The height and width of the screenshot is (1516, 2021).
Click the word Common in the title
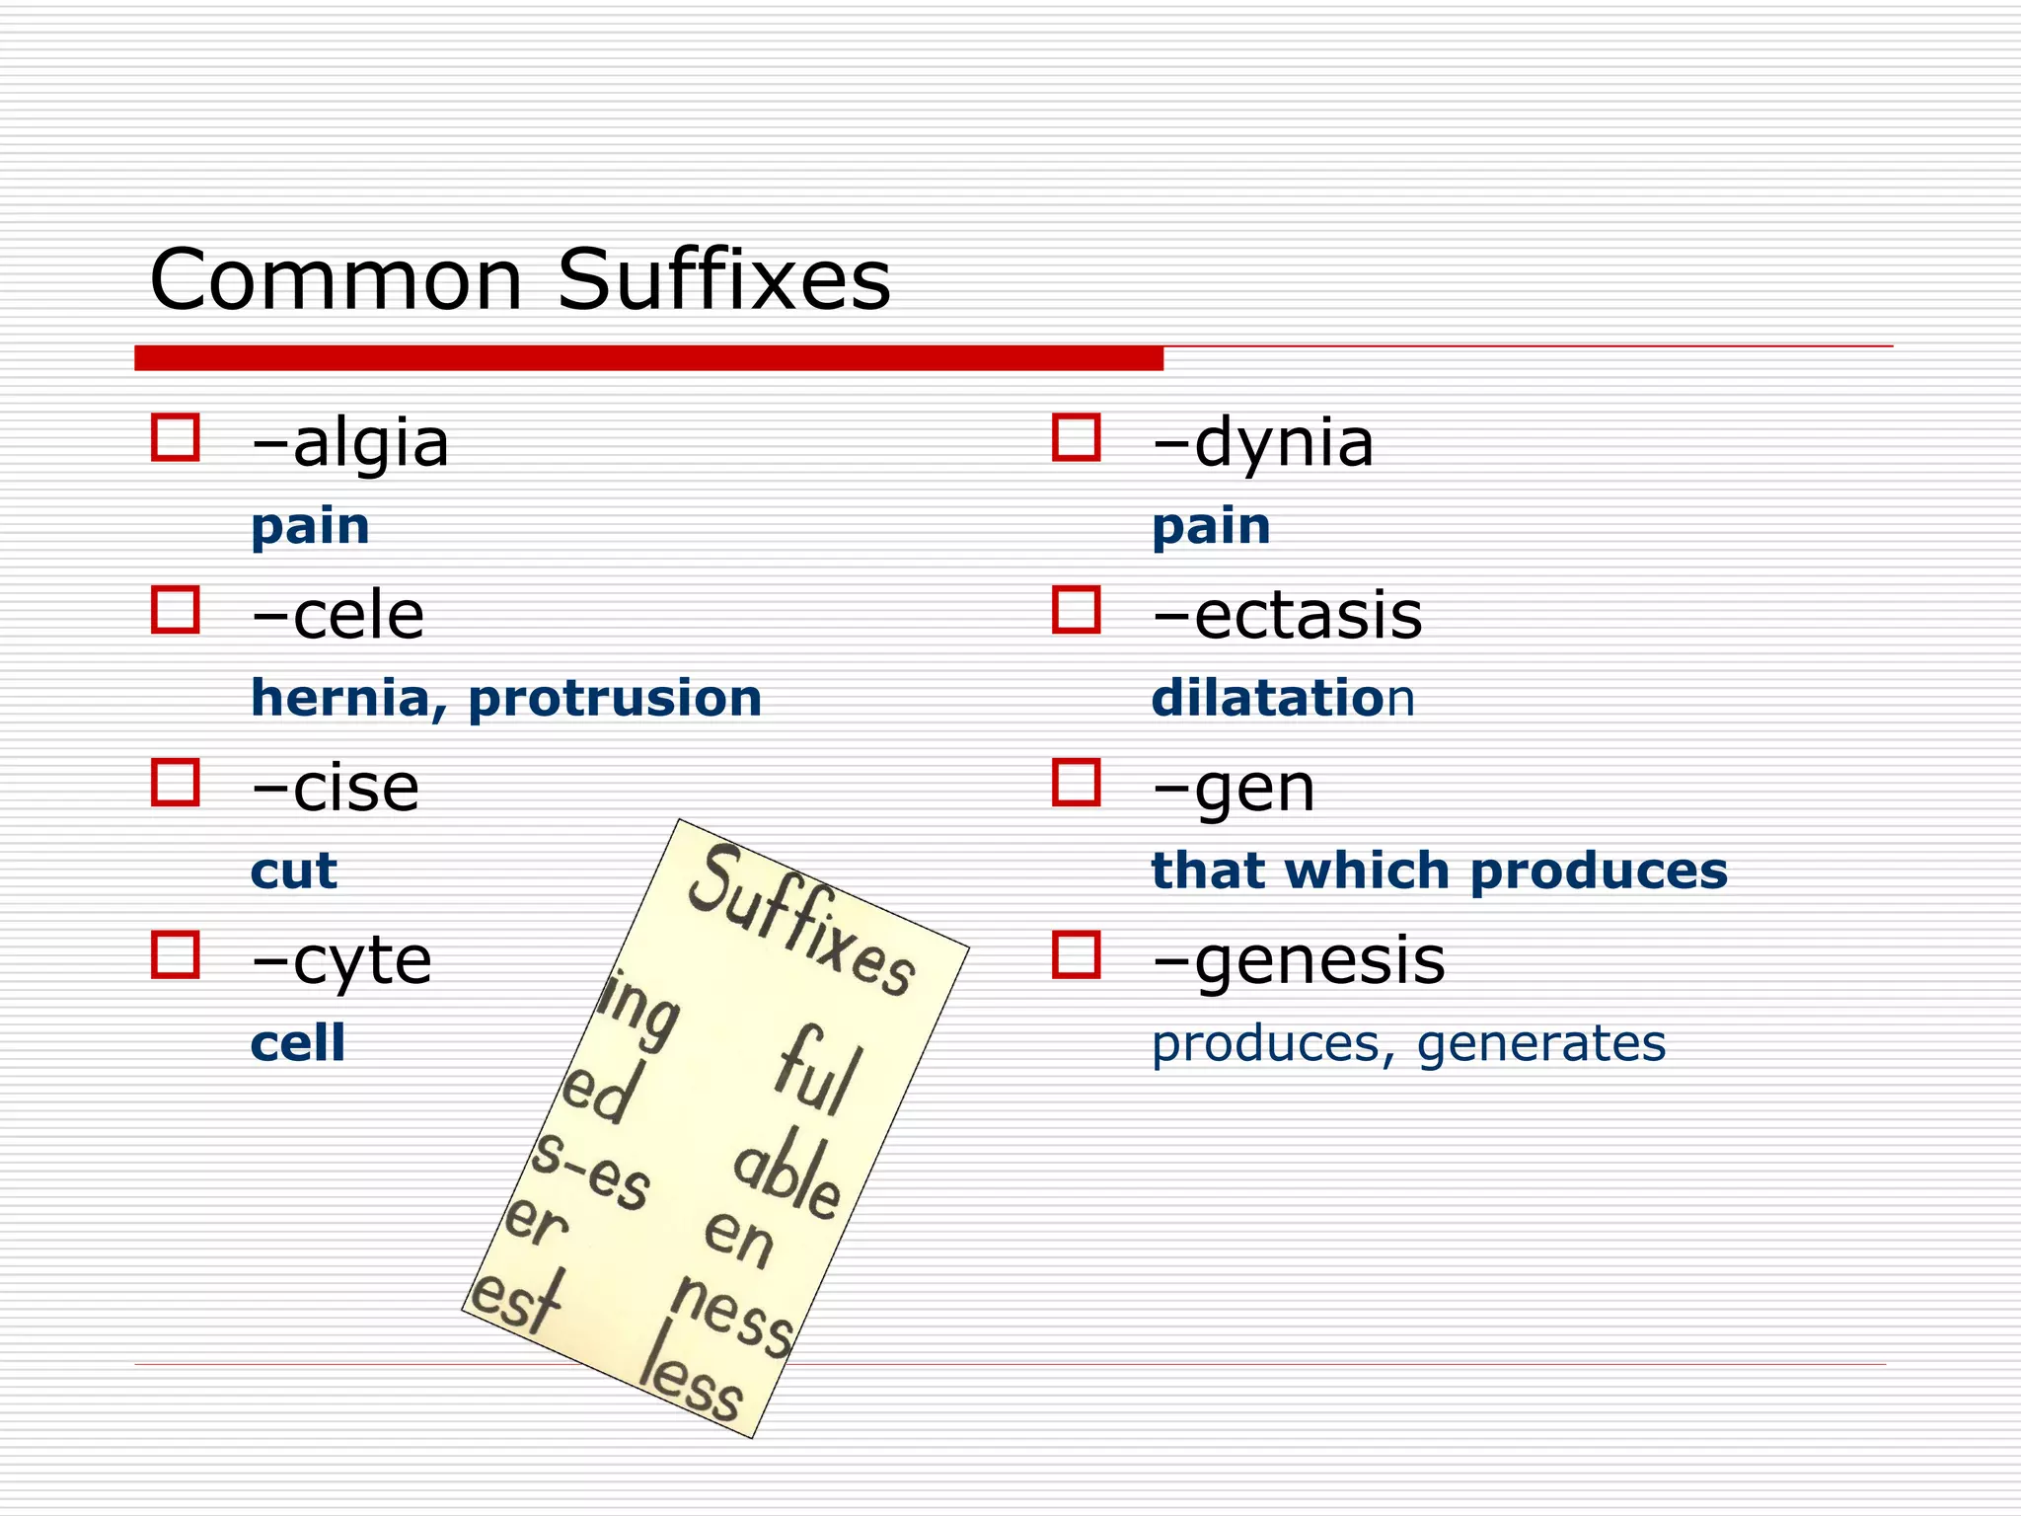[x=336, y=280]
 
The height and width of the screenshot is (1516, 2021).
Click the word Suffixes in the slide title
[x=723, y=280]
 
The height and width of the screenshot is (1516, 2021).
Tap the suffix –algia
[x=350, y=443]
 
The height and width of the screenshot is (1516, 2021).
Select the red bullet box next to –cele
[x=176, y=610]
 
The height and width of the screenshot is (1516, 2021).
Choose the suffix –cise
[x=336, y=789]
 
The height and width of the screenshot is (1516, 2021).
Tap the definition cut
[x=293, y=872]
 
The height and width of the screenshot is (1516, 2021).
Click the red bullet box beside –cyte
[x=176, y=954]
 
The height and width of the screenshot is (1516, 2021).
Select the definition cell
[x=298, y=1043]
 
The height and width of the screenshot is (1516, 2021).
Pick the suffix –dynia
[x=1262, y=443]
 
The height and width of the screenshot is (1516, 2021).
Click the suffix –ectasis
[x=1287, y=616]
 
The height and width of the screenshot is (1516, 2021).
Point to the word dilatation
[x=1282, y=699]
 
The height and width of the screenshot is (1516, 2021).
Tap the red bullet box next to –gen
[x=1076, y=783]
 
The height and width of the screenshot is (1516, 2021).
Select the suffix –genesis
[x=1298, y=961]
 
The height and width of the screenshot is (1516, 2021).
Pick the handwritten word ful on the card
[x=818, y=1070]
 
